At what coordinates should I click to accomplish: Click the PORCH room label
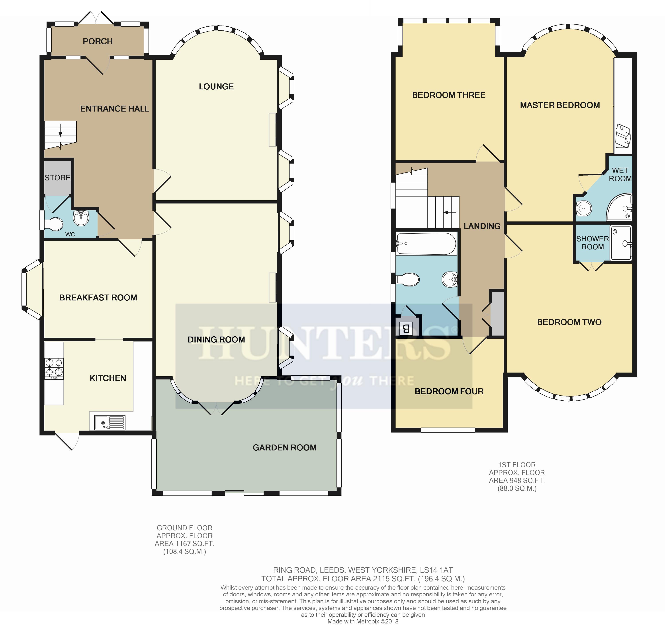pyautogui.click(x=98, y=41)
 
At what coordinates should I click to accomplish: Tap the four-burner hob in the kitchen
pyautogui.click(x=54, y=369)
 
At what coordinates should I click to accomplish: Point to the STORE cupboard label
pyautogui.click(x=58, y=178)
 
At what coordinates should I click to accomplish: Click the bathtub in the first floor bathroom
pyautogui.click(x=426, y=244)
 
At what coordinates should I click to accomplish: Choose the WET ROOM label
pyautogui.click(x=620, y=174)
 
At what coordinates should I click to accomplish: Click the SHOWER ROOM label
pyautogui.click(x=593, y=243)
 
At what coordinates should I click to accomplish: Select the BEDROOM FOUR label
pyautogui.click(x=449, y=391)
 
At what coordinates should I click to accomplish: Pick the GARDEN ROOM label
pyautogui.click(x=285, y=448)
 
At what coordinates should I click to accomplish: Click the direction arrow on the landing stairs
pyautogui.click(x=449, y=212)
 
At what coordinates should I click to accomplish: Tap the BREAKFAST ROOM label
pyautogui.click(x=98, y=298)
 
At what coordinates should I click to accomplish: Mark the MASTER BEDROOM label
pyautogui.click(x=560, y=105)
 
